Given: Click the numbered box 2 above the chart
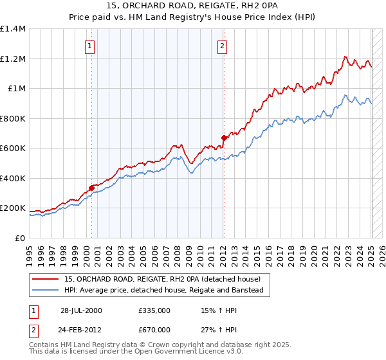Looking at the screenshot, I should tap(222, 46).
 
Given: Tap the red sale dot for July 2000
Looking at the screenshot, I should tap(91, 188).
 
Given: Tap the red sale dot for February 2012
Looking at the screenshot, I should tap(224, 138).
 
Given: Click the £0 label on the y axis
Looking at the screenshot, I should tap(21, 238).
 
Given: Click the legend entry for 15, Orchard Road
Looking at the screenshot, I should tap(162, 279).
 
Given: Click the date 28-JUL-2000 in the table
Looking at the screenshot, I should tap(82, 310).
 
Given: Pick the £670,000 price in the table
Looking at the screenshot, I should tap(154, 330).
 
